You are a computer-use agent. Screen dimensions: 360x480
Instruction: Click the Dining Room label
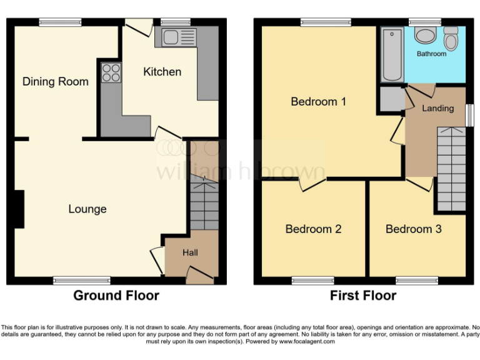[56, 81]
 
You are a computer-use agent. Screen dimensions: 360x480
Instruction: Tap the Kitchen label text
[162, 72]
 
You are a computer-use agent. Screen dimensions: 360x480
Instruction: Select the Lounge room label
[87, 209]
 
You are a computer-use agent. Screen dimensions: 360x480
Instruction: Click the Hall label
[190, 252]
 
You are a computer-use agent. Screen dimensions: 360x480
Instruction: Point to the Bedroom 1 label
[318, 101]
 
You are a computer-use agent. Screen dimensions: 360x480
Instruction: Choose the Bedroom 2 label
[313, 229]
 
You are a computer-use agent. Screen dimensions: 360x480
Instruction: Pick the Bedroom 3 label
[413, 229]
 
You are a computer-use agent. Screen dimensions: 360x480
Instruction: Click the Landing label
[437, 108]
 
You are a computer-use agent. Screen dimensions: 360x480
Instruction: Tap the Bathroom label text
[431, 54]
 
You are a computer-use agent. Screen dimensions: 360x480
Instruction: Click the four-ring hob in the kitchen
[111, 72]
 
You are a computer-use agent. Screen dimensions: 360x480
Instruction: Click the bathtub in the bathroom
[392, 55]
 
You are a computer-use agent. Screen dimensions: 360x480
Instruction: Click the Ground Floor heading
[116, 296]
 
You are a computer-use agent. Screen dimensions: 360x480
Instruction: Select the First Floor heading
[363, 296]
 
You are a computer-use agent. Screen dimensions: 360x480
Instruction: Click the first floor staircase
[451, 169]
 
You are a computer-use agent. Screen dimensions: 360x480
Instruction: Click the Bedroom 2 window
[312, 281]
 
